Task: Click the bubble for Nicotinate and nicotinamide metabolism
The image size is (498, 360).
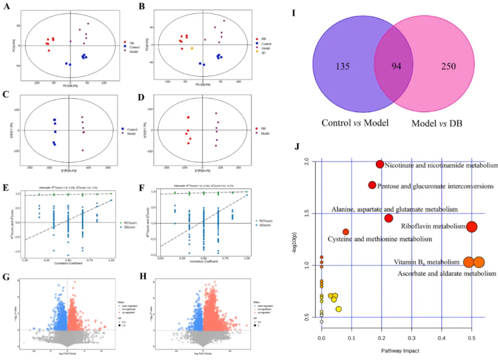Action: coord(380,164)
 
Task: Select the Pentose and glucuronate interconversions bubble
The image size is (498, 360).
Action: coord(372,185)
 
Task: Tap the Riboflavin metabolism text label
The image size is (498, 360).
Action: coord(433,226)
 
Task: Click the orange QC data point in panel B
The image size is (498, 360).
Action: coord(193,48)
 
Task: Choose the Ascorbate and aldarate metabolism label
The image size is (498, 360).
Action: coord(447,273)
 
